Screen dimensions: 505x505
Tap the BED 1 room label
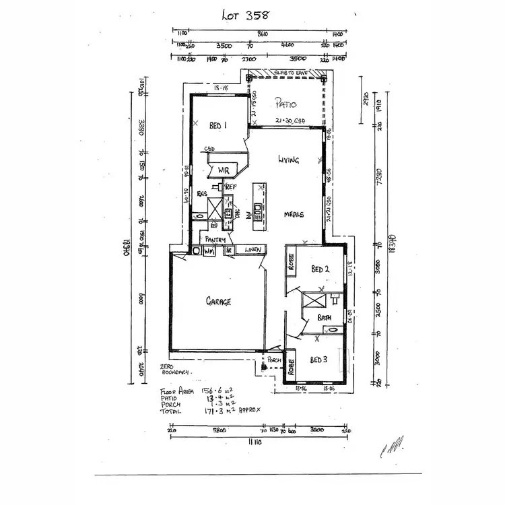pyautogui.click(x=217, y=125)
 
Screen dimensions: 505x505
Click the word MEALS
pyautogui.click(x=294, y=215)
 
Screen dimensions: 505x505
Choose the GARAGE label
pyautogui.click(x=218, y=302)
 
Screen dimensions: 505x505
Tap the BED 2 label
pyautogui.click(x=320, y=269)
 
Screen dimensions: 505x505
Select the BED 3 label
pyautogui.click(x=319, y=360)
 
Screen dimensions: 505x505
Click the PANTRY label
pyautogui.click(x=215, y=240)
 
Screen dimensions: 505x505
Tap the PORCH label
pyautogui.click(x=274, y=360)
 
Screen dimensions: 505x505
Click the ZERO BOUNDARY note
pyautogui.click(x=175, y=369)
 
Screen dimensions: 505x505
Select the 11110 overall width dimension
pyautogui.click(x=255, y=440)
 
